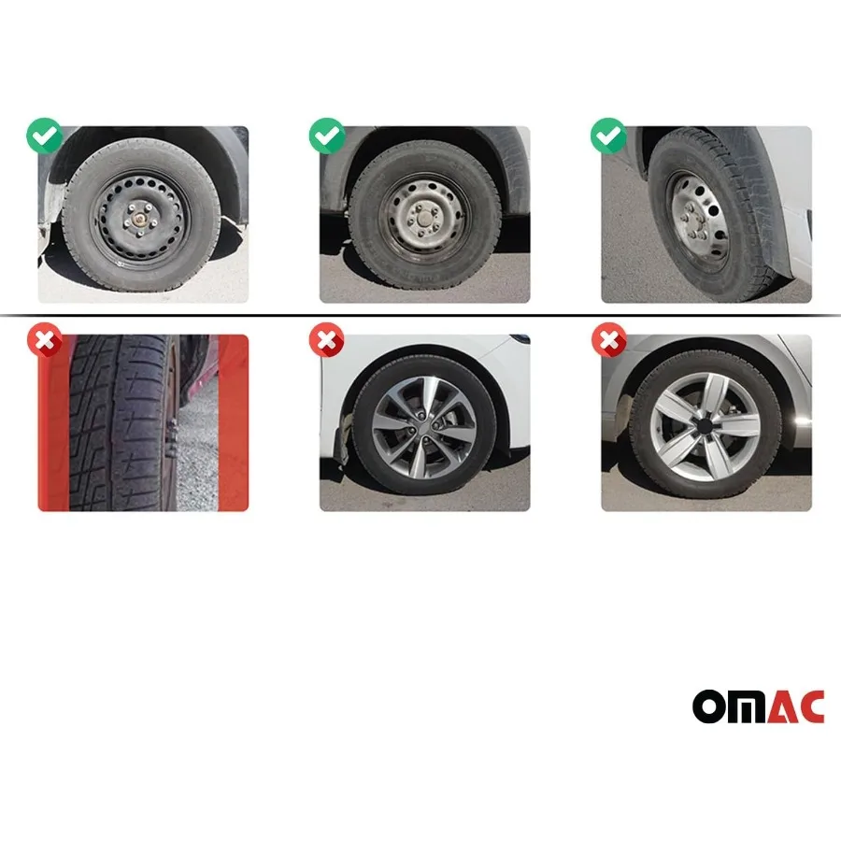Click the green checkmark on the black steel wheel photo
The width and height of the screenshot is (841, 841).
point(45,136)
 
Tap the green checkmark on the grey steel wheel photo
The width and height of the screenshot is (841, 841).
point(327,136)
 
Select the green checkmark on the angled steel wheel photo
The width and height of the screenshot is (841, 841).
point(608,136)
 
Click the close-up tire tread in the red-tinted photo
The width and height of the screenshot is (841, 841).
point(117,425)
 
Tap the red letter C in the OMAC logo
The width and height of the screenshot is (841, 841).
point(810,706)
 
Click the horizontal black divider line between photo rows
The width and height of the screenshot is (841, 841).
point(420,316)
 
